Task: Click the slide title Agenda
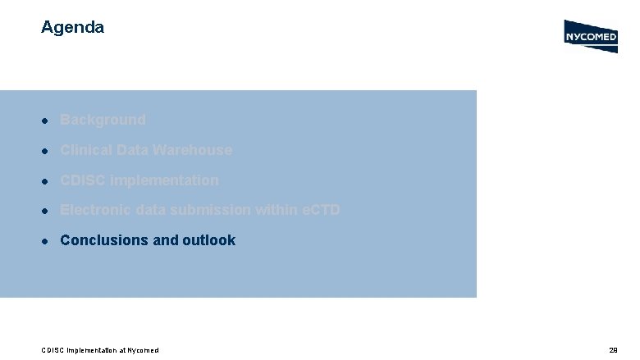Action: [72, 27]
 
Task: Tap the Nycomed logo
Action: [591, 36]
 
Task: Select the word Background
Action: [103, 120]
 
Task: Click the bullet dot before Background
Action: [48, 121]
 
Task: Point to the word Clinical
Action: [86, 150]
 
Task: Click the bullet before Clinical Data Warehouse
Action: [48, 151]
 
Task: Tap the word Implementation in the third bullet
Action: [164, 180]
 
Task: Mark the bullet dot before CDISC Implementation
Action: [48, 181]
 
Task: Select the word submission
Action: [211, 211]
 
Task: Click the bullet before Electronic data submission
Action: [48, 212]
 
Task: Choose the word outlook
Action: [208, 240]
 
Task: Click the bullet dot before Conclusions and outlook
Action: [48, 241]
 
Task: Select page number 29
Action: [613, 350]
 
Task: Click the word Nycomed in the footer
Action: [143, 350]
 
